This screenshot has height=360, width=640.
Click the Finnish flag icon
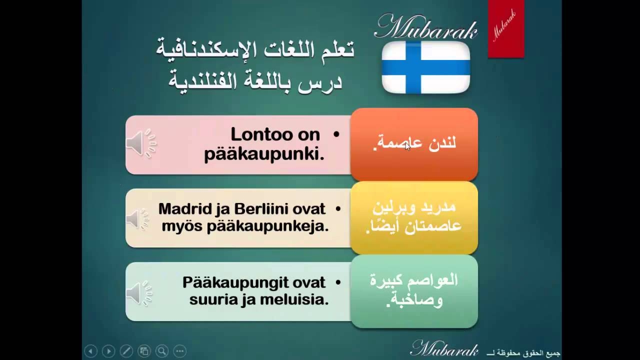click(x=425, y=67)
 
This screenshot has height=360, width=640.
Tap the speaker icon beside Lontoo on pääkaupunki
click(x=141, y=143)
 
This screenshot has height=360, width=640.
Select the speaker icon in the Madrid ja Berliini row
click(x=137, y=219)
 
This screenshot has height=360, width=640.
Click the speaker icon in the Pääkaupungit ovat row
click(x=139, y=293)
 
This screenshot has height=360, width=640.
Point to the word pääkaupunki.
click(x=264, y=155)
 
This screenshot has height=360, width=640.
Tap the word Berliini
click(x=261, y=209)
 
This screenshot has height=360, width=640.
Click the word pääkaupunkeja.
click(x=267, y=227)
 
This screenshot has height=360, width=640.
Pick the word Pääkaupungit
click(x=235, y=283)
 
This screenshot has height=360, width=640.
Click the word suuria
click(x=211, y=300)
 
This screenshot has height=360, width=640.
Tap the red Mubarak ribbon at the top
click(x=506, y=28)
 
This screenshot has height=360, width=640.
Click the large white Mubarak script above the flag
click(x=425, y=26)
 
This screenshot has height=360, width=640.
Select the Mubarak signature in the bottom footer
click(x=444, y=348)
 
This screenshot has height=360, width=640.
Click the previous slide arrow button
click(x=91, y=351)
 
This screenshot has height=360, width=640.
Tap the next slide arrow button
click(x=108, y=351)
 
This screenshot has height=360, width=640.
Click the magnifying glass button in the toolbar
click(x=162, y=351)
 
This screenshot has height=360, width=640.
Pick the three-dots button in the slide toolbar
click(x=180, y=351)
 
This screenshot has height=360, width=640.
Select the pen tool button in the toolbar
click(x=126, y=351)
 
